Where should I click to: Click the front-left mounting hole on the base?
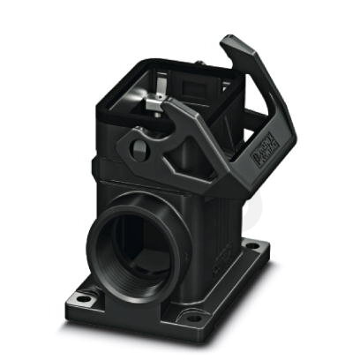[82, 298]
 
